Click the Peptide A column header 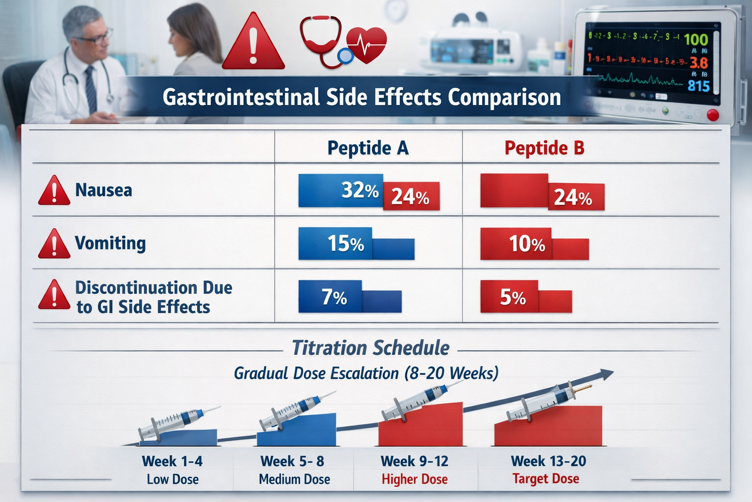(368, 148)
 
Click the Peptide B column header (544, 148)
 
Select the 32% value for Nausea (360, 190)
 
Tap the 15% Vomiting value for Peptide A (346, 244)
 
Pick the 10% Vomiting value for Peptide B (527, 244)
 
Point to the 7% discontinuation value (334, 297)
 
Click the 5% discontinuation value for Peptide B (513, 297)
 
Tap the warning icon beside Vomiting (54, 244)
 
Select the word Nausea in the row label (104, 190)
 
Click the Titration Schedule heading (371, 348)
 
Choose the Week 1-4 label (172, 461)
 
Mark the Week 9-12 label (414, 461)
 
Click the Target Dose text (545, 479)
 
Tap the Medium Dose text (294, 479)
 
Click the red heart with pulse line (367, 45)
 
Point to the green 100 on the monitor (696, 40)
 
